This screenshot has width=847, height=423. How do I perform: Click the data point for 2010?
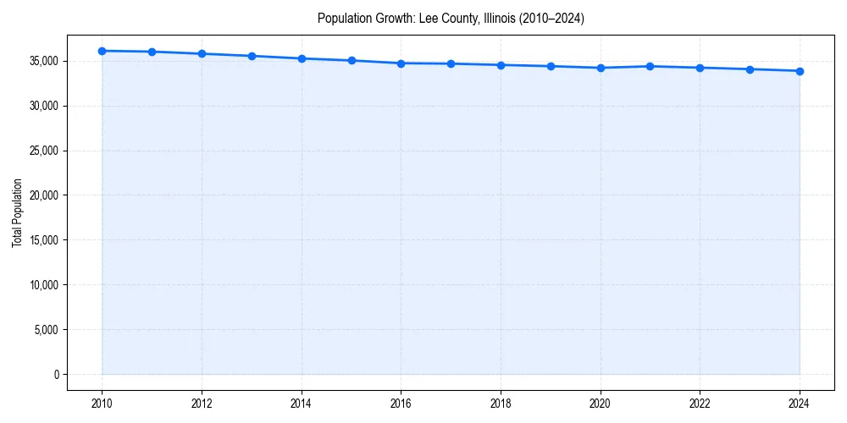(x=102, y=51)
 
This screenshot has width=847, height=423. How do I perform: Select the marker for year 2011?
(x=152, y=52)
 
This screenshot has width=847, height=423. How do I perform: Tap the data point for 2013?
(x=252, y=56)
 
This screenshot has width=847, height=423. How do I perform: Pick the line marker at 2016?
(x=401, y=63)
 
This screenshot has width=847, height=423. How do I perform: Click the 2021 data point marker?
(x=650, y=66)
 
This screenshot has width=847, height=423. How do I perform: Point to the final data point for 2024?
(x=800, y=71)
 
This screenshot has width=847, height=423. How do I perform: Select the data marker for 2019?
(x=551, y=66)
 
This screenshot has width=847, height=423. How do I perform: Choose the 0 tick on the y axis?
(x=57, y=375)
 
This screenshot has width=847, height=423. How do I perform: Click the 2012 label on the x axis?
(x=202, y=404)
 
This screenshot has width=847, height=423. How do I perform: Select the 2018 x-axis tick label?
(x=501, y=404)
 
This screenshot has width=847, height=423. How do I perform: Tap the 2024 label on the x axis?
(x=800, y=404)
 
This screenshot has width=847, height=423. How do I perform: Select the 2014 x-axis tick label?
(x=302, y=404)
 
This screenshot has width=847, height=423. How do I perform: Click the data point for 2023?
(x=750, y=69)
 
